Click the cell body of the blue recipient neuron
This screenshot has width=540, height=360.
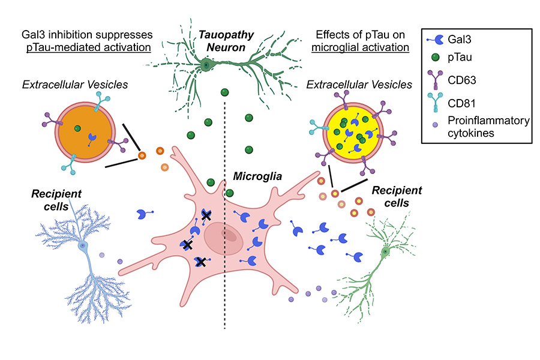pyautogui.click(x=82, y=246)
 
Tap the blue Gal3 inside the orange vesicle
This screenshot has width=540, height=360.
pyautogui.click(x=92, y=139)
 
